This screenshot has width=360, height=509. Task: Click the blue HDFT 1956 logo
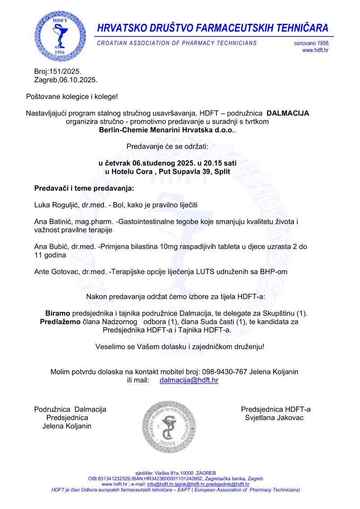60,36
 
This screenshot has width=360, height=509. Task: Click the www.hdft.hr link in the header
315,50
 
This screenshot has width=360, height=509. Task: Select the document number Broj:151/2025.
58,72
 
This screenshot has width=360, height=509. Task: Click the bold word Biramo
58,313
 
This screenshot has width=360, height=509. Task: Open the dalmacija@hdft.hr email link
189,380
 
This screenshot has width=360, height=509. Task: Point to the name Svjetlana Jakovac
274,418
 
